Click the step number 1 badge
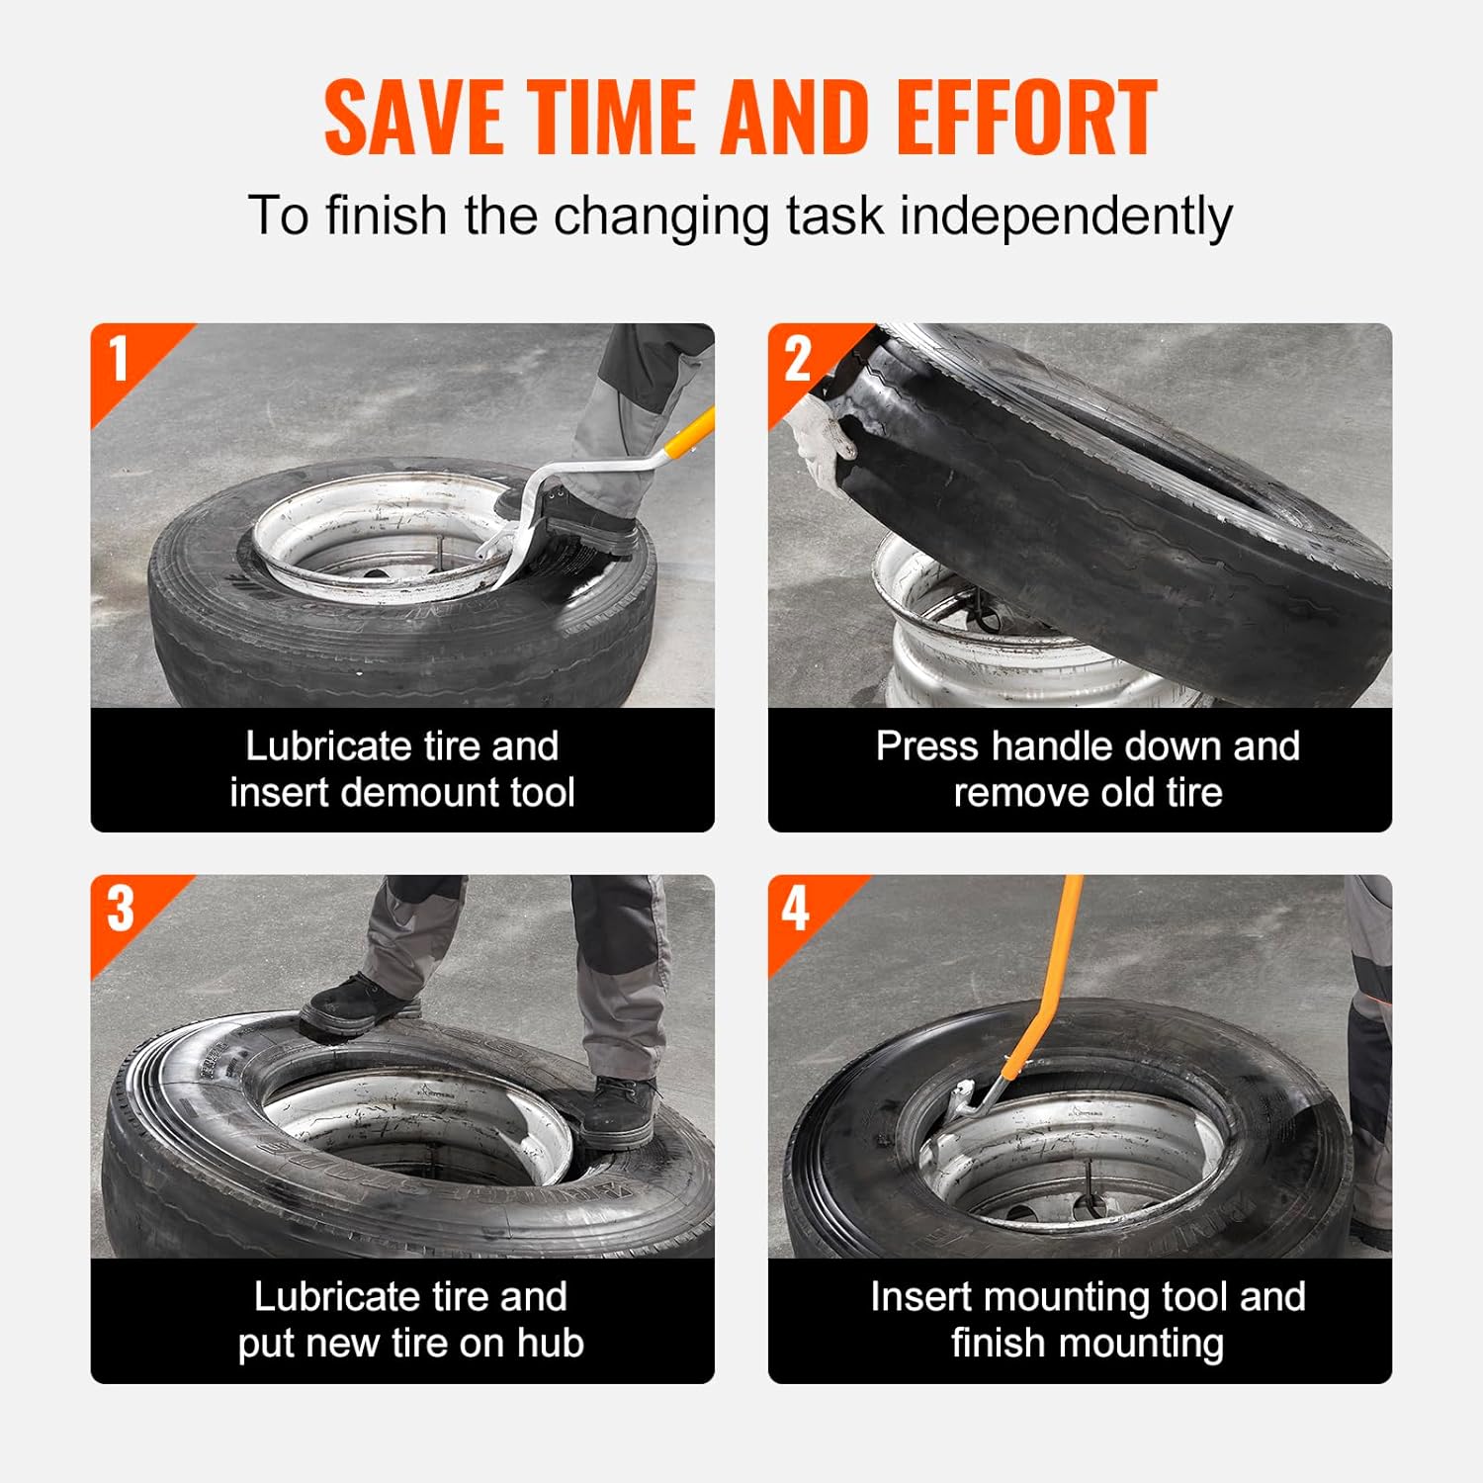click(120, 358)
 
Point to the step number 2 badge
click(797, 358)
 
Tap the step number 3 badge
click(120, 909)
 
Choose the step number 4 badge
click(796, 909)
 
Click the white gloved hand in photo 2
click(823, 436)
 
